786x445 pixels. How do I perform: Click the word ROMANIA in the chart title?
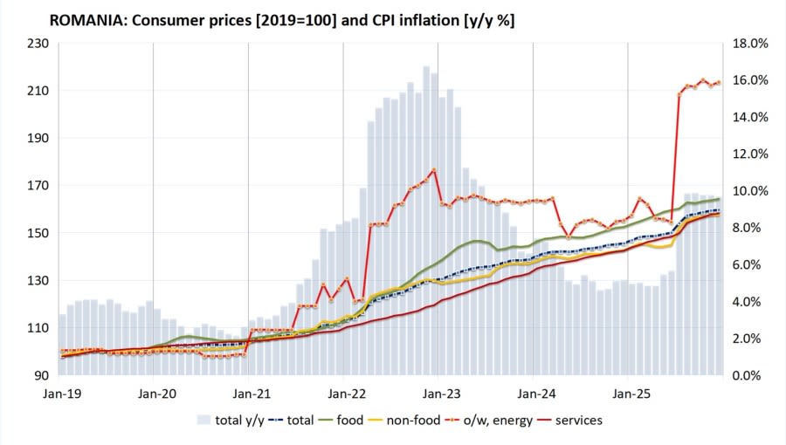88,18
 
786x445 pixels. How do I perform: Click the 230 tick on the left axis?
36,44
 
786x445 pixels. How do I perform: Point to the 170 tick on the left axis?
36,186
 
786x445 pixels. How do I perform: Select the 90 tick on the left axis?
40,376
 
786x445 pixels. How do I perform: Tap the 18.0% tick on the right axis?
748,44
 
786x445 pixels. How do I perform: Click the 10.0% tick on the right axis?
748,191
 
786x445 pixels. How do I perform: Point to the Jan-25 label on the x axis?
628,393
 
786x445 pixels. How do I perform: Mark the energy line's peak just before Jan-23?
434,170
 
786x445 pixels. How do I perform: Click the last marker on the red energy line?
719,82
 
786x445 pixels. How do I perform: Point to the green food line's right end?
719,200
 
